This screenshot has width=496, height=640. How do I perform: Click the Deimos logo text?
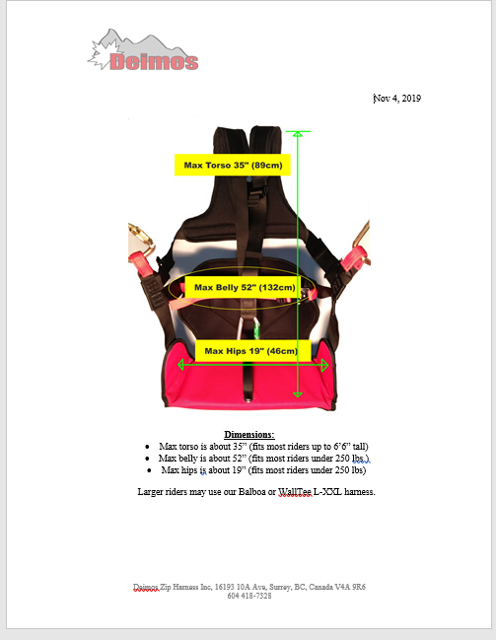[154, 61]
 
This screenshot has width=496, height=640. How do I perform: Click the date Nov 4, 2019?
[397, 99]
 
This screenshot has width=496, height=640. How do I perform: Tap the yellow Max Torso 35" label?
[233, 165]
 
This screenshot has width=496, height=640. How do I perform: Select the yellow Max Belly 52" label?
[245, 287]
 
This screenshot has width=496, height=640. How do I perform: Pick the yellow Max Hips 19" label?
[250, 351]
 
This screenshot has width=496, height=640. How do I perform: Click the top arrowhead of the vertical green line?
[298, 134]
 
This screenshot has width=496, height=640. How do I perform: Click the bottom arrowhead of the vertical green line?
[298, 393]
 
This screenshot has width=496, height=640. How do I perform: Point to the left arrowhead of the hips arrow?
[180, 365]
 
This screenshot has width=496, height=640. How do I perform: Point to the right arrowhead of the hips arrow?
[325, 365]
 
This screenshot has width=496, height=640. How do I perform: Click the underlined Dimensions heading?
[249, 434]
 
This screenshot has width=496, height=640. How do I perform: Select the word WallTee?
[295, 492]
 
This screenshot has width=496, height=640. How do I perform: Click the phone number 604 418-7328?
[249, 596]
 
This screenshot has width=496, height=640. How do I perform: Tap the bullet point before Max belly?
[147, 459]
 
